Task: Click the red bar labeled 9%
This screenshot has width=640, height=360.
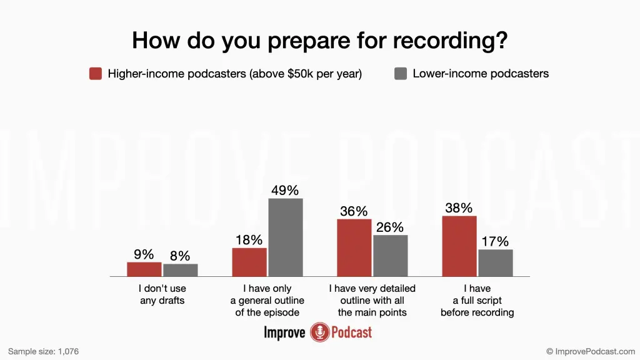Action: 144,269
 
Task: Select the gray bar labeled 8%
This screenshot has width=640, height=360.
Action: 181,270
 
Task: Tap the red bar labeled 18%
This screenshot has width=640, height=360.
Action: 249,262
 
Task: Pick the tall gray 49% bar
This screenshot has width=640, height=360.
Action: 286,237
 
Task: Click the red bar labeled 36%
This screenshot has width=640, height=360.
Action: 354,247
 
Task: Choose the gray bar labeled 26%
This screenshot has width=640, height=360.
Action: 390,256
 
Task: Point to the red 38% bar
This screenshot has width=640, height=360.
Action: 459,246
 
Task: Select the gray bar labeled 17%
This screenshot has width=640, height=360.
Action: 496,263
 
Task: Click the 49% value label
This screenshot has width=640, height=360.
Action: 285,190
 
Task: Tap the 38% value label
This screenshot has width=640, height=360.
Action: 459,207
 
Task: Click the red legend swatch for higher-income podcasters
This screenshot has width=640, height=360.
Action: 96,74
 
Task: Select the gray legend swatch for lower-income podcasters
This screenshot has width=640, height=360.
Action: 401,74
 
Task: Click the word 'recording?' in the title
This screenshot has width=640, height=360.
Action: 450,41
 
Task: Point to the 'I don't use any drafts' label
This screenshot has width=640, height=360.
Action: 162,294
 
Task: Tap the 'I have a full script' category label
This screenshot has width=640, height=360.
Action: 477,301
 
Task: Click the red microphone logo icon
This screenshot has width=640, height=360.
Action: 319,332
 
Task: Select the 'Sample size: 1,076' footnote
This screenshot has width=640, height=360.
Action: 43,351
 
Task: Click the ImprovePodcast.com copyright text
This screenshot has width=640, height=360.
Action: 591,351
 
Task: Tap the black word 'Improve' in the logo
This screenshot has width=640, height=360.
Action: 284,332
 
